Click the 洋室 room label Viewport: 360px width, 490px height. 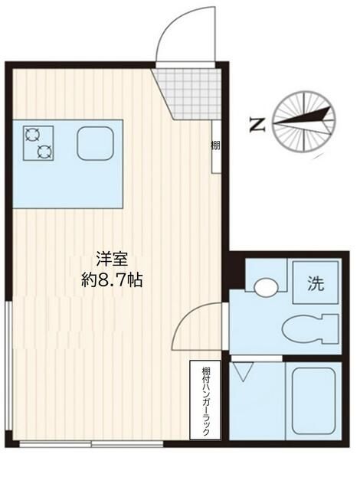(111, 259)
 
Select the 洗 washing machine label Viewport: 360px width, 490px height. (316, 284)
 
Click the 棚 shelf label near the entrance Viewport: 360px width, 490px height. (217, 145)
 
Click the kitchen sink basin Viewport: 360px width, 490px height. (94, 143)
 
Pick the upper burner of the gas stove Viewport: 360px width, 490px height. (33, 134)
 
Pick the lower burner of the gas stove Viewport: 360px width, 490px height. (44, 150)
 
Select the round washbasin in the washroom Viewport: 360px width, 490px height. (267, 288)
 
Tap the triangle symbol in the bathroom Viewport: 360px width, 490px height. (245, 374)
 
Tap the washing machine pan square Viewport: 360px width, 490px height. (316, 284)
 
